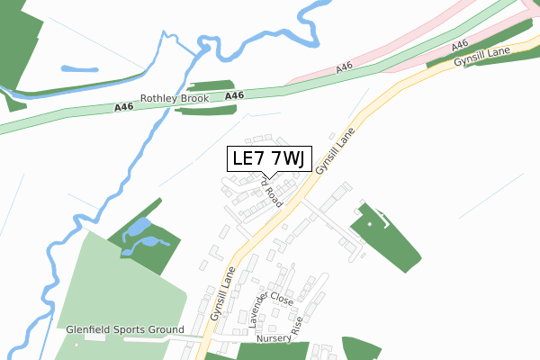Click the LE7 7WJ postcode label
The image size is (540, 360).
pos(269,159)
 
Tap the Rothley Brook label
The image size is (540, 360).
pos(175,99)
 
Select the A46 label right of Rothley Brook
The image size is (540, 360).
pos(234,95)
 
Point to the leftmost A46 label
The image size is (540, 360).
pos(125,108)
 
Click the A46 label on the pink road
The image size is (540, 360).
pos(345,68)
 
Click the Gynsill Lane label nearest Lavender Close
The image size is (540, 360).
pos(223,293)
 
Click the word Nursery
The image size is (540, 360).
pos(274,339)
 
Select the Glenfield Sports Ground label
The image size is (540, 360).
pos(125,330)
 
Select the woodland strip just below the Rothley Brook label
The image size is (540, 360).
pos(205,110)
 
